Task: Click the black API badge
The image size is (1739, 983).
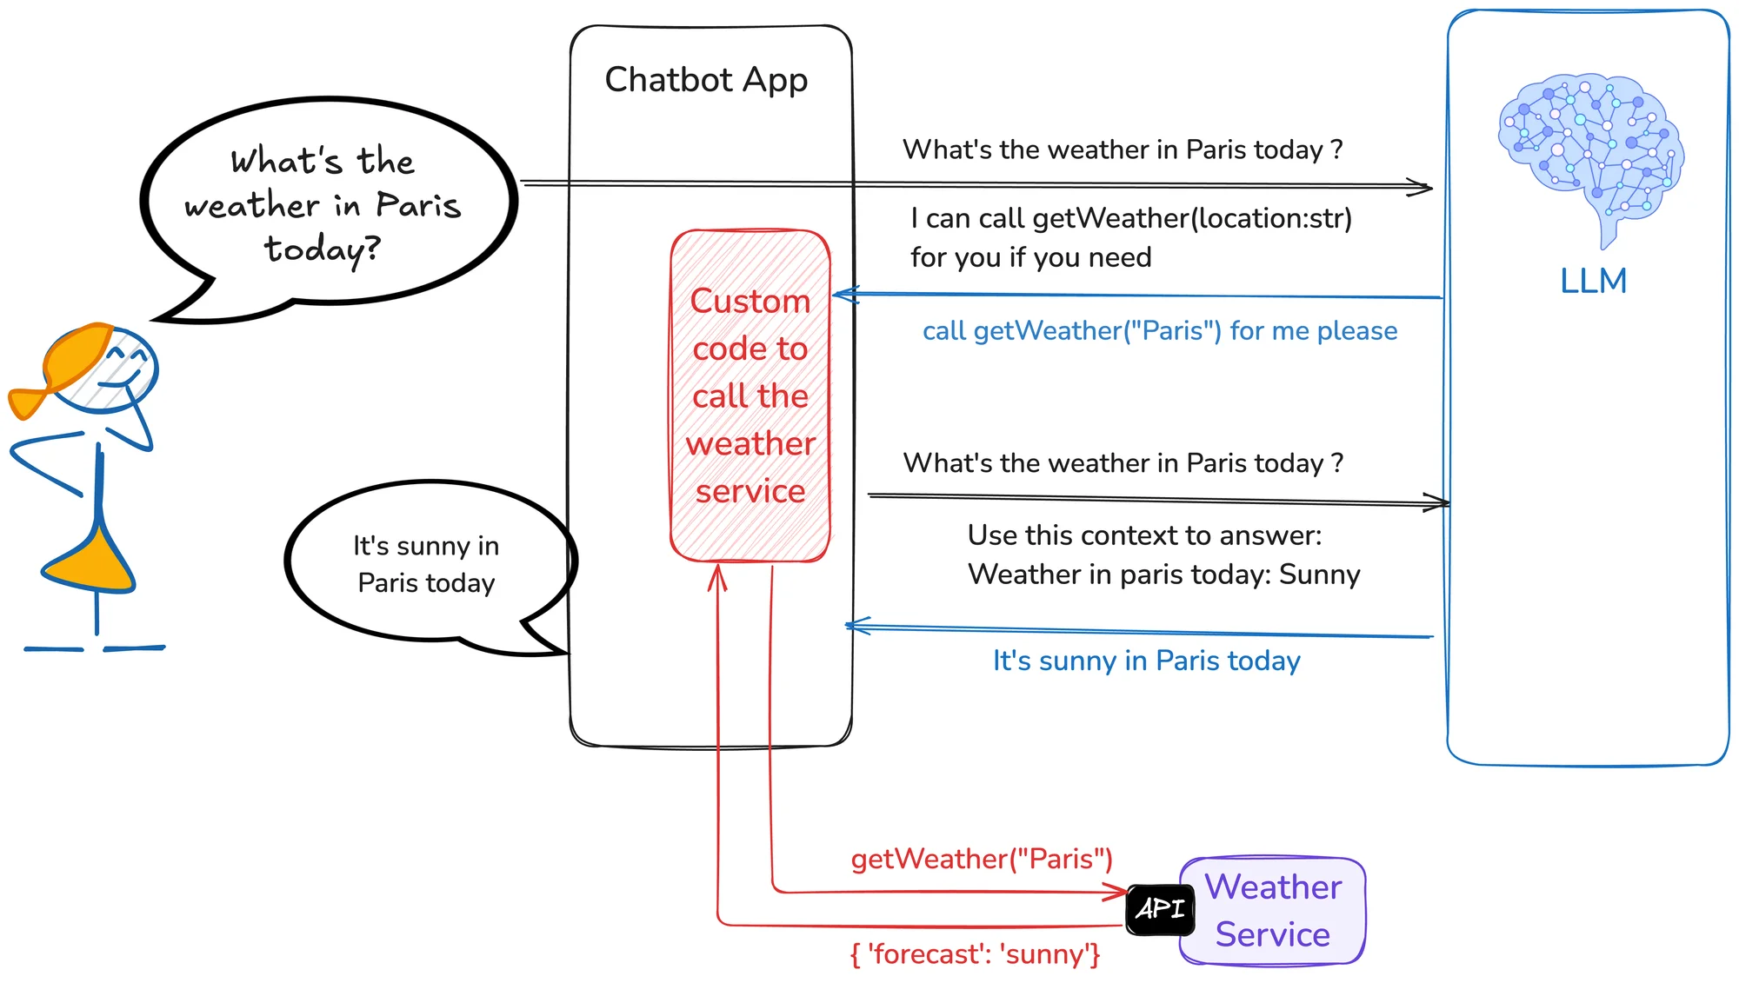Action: (1160, 909)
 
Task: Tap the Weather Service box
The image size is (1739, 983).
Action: (1273, 911)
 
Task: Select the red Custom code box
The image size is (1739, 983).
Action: (750, 395)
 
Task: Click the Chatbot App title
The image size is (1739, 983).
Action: (706, 80)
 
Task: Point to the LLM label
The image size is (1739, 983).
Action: (1593, 281)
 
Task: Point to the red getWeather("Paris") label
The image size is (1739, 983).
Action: (982, 859)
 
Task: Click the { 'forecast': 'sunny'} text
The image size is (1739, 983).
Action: (976, 954)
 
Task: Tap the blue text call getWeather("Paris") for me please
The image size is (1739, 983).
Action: (1160, 330)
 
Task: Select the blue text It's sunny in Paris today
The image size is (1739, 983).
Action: (1147, 661)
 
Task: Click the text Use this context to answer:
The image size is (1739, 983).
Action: (1144, 535)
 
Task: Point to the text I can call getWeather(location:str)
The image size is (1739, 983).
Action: (1131, 218)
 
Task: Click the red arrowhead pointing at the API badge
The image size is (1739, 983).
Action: (1118, 892)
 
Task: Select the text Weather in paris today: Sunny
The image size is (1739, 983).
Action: (1164, 575)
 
